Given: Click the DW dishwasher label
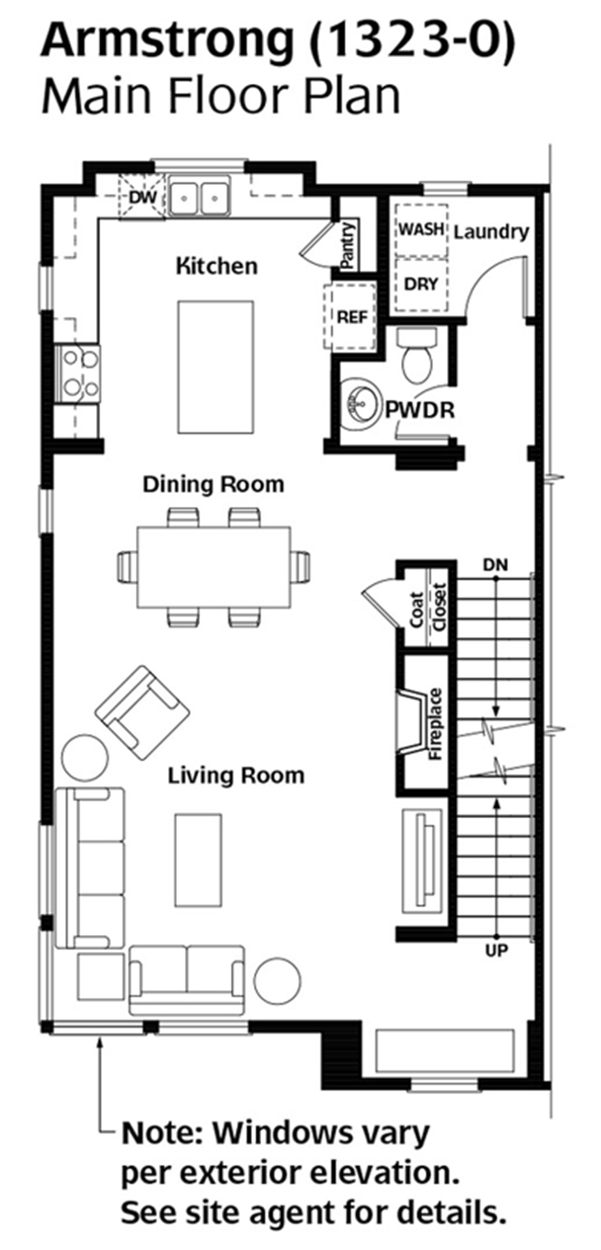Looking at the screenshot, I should (139, 197).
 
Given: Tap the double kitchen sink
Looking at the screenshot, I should (199, 195).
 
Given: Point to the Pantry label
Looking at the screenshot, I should (348, 245).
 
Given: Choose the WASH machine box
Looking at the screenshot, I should (421, 230).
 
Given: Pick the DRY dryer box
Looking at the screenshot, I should (421, 284).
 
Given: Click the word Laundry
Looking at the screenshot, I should (491, 231).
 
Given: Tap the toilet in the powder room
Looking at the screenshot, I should (416, 357).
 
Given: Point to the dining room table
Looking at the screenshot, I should (214, 567).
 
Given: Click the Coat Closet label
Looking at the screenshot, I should (428, 610).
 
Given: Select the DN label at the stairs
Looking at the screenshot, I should (495, 565).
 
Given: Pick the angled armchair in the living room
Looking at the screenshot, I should (142, 712).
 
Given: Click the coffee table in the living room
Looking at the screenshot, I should (198, 859).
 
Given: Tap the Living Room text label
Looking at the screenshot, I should (236, 776).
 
